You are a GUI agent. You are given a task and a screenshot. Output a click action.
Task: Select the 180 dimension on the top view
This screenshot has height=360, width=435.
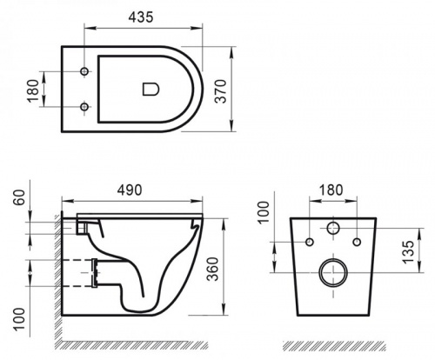32,88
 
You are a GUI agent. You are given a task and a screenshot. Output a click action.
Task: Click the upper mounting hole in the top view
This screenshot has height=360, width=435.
84,70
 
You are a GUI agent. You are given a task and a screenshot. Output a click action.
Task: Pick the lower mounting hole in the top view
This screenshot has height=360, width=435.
84,107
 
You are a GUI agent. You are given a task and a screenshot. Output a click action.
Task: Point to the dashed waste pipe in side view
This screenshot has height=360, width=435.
91,271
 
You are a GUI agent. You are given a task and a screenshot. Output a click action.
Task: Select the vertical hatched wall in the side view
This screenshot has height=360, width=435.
57,278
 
